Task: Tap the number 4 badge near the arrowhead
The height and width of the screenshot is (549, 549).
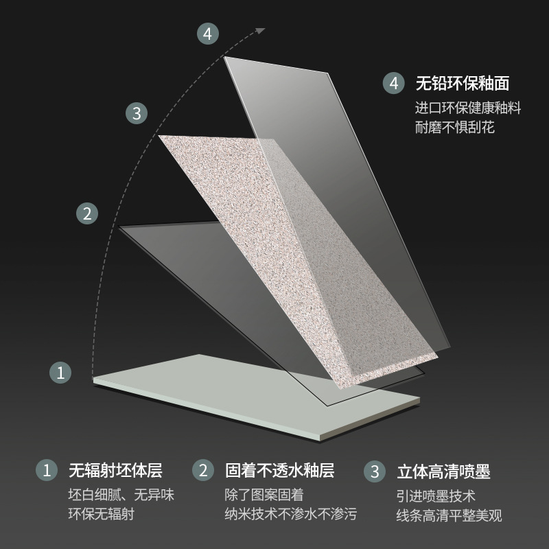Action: [x=208, y=34]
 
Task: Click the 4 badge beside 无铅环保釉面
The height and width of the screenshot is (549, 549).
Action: [x=393, y=83]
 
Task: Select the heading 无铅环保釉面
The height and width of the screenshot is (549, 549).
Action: [x=462, y=83]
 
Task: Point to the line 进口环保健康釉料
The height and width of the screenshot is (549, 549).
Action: [x=468, y=108]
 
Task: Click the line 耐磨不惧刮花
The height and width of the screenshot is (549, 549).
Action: [x=455, y=127]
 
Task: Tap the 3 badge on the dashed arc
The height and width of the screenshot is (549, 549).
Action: [x=137, y=113]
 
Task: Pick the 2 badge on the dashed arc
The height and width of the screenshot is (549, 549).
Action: [x=87, y=213]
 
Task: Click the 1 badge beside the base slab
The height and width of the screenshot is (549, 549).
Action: [x=60, y=373]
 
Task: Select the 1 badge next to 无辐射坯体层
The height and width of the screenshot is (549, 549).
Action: [x=47, y=470]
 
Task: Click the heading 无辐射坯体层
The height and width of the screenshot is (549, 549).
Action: [x=115, y=470]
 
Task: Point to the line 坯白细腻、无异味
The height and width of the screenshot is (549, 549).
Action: [x=121, y=495]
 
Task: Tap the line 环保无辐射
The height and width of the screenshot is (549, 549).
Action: [x=102, y=514]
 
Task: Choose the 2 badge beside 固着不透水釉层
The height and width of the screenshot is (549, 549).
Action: [x=203, y=470]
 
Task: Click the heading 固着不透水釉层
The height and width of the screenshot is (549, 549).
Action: [x=280, y=470]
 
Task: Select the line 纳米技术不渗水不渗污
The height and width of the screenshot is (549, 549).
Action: [x=291, y=514]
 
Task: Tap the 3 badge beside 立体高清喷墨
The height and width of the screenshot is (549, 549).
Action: [x=375, y=471]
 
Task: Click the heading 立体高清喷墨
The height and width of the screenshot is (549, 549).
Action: [x=443, y=471]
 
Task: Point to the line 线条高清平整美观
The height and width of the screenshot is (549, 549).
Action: [x=449, y=515]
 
